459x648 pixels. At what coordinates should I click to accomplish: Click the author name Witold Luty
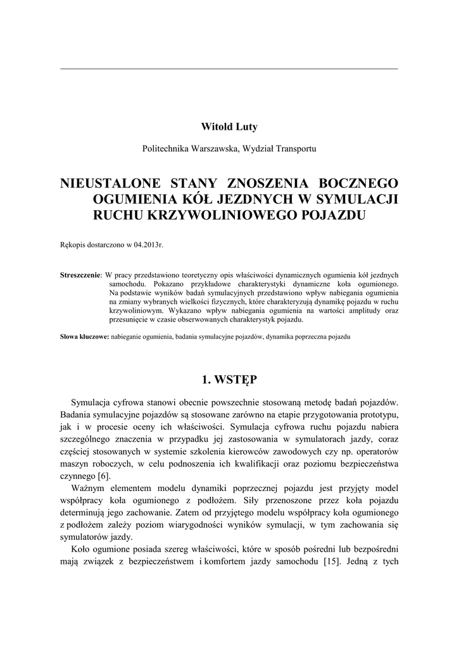[229, 128]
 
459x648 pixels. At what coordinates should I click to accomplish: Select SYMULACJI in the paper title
[358, 200]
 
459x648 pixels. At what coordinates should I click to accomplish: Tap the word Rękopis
[73, 244]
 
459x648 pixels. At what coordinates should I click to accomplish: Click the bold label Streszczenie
[80, 275]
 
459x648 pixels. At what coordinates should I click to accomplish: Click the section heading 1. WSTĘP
[229, 380]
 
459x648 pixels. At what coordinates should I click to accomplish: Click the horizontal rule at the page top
[229, 68]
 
